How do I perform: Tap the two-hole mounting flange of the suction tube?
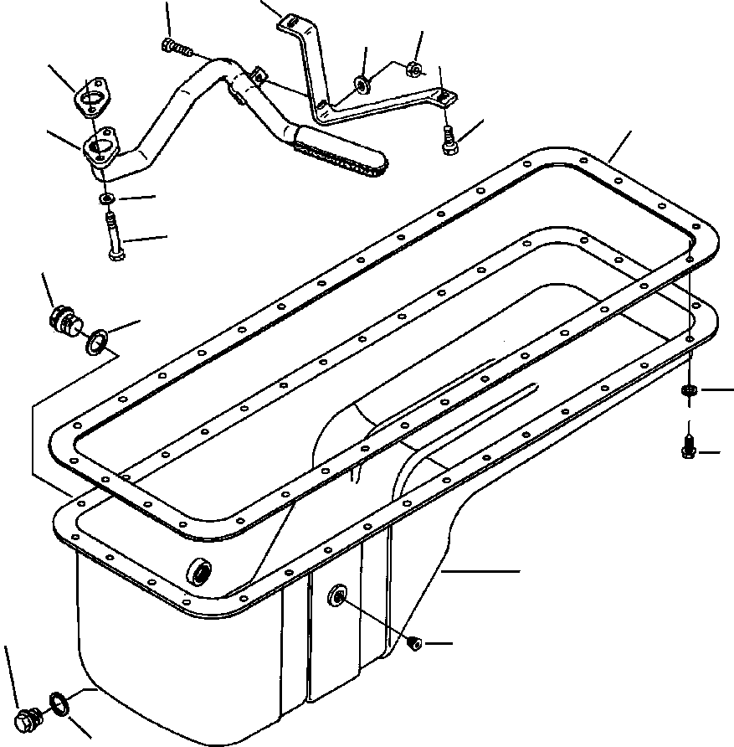point(103,146)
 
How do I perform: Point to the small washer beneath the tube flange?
point(107,199)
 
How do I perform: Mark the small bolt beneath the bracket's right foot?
point(448,141)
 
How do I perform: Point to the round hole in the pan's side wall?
point(337,596)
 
